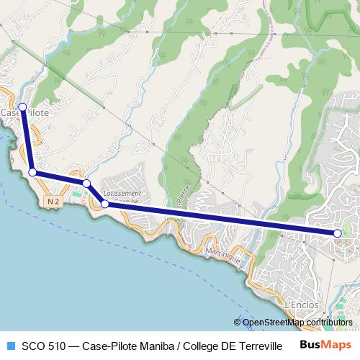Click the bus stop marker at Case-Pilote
[22, 107]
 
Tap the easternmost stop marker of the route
[338, 233]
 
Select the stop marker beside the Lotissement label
[105, 204]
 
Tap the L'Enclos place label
[302, 305]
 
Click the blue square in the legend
[9, 346]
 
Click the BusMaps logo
[320, 345]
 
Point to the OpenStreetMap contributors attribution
[297, 323]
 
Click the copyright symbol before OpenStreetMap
[238, 323]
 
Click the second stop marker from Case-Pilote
[33, 172]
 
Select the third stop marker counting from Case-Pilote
[86, 184]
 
